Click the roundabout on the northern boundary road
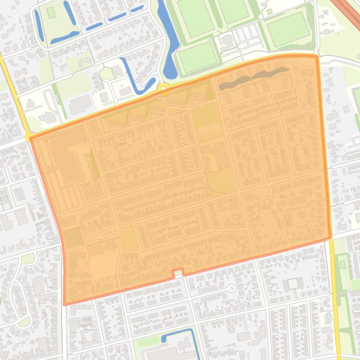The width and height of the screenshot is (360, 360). (164, 89)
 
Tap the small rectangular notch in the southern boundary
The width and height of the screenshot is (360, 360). (178, 272)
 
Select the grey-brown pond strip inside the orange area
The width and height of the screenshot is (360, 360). (253, 78)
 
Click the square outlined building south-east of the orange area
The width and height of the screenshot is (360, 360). (293, 284)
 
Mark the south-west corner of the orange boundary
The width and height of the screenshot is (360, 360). (65, 304)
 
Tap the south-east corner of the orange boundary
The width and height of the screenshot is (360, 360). (330, 237)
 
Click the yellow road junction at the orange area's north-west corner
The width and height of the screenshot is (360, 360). (29, 137)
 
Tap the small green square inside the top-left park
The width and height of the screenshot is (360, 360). (51, 13)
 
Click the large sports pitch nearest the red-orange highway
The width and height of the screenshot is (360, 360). (287, 29)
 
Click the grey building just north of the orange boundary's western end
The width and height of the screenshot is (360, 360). (80, 105)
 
